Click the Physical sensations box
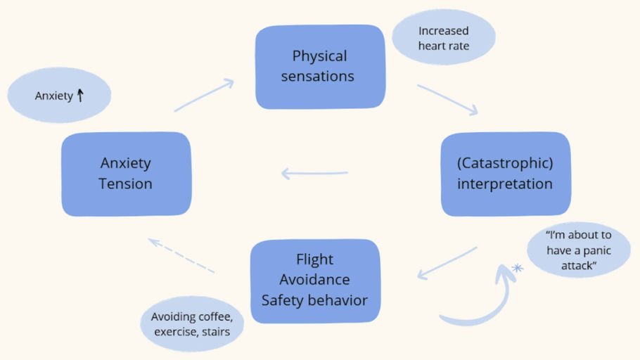tap(320, 67)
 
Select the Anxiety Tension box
tap(126, 173)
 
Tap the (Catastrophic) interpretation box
tap(505, 174)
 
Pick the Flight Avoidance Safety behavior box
tap(314, 281)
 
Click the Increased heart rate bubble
tap(443, 38)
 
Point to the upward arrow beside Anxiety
tap(80, 95)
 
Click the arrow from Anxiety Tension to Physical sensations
tap(204, 95)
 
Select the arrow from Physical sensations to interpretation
tap(447, 99)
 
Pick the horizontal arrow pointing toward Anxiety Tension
tap(314, 173)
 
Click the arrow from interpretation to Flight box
tap(447, 263)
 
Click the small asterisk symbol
tap(518, 267)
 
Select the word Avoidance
tap(314, 280)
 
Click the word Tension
tap(126, 184)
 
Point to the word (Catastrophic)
tap(505, 163)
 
